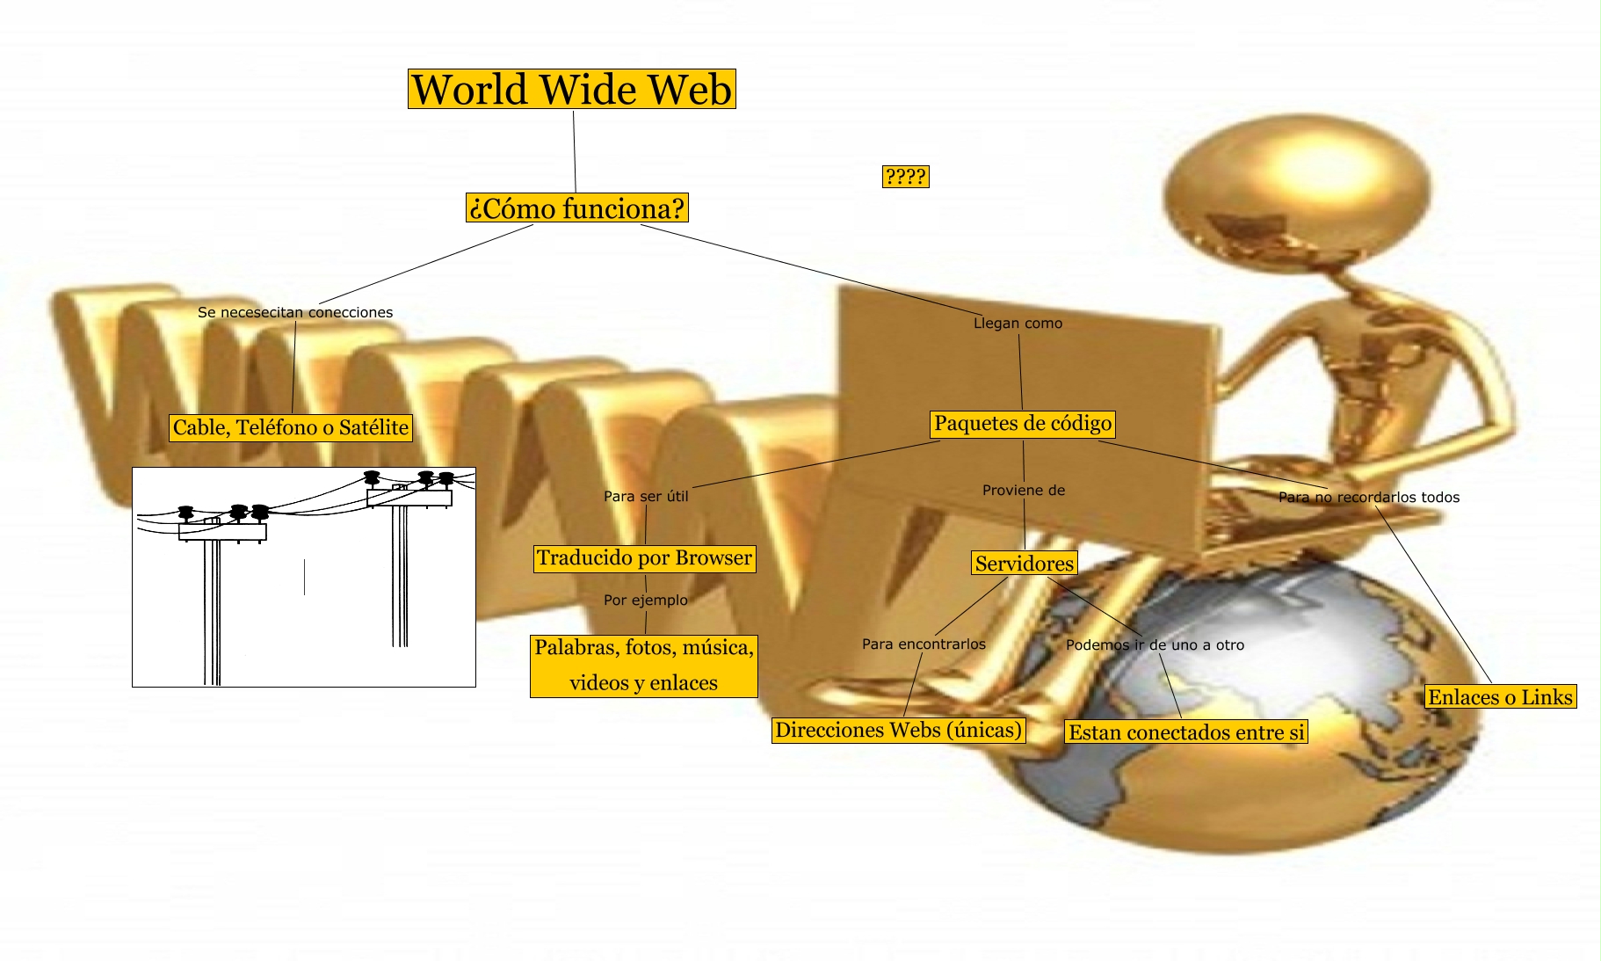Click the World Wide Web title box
pos(571,89)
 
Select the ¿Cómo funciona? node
pos(576,208)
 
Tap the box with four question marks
pos(905,177)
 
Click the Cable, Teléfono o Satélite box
pos(291,427)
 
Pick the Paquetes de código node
pos(1023,424)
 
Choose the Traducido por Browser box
pos(644,558)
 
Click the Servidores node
pos(1024,564)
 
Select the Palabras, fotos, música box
pos(643,666)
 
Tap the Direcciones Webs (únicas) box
pos(898,731)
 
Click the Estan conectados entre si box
pos(1186,732)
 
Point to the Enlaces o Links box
pos(1500,697)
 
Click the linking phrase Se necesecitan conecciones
pos(295,312)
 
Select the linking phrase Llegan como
pos(1018,324)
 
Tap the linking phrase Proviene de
pos(1024,491)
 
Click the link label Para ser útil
pos(646,497)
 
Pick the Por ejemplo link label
pos(646,601)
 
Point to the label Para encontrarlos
pos(924,644)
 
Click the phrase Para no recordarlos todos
pos(1368,498)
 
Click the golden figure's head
pos(1296,185)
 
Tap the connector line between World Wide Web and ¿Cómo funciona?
pos(575,151)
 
